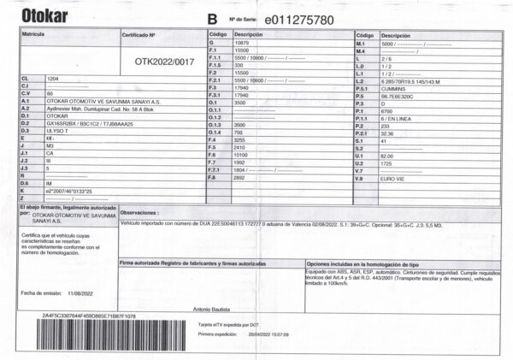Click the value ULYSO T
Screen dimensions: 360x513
point(59,130)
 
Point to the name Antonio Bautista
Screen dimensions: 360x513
point(212,308)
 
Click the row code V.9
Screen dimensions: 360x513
point(361,178)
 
